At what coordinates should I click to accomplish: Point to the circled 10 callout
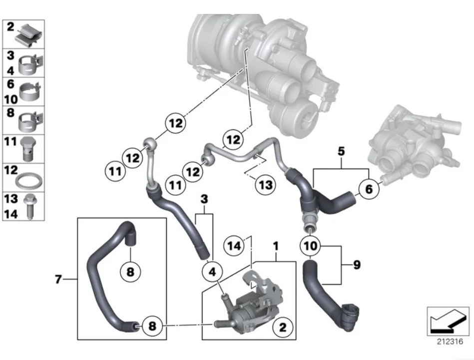coord(310,246)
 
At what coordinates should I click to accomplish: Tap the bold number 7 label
coord(58,280)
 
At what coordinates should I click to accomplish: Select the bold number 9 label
coord(356,265)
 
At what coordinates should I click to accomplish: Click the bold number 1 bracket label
coord(275,246)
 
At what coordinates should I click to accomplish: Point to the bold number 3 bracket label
coord(203,200)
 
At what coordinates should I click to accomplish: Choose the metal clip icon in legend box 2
coord(30,33)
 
